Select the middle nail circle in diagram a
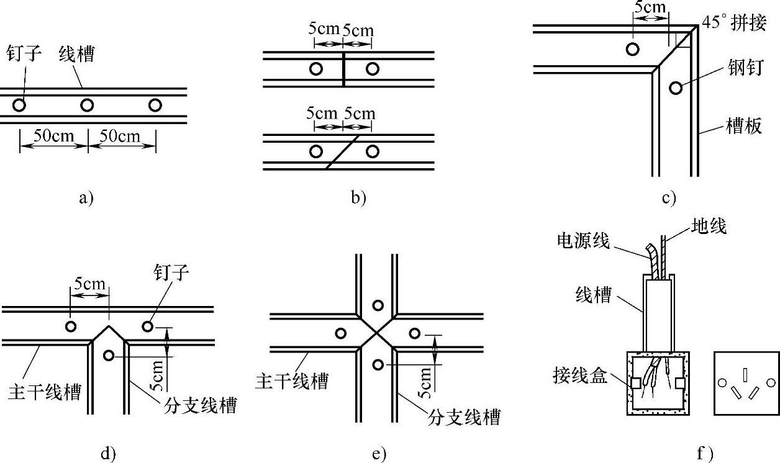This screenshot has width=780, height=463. (x=87, y=105)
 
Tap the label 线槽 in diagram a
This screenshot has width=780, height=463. (x=76, y=55)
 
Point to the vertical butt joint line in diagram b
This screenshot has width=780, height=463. (x=343, y=69)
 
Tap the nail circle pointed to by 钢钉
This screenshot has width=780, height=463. (x=675, y=88)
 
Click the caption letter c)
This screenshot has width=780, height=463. (x=668, y=199)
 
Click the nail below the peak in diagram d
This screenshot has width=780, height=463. (x=109, y=356)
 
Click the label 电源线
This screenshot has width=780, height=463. (x=583, y=239)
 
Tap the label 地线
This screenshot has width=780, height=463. (x=708, y=227)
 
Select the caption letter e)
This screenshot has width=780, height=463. (x=379, y=454)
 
